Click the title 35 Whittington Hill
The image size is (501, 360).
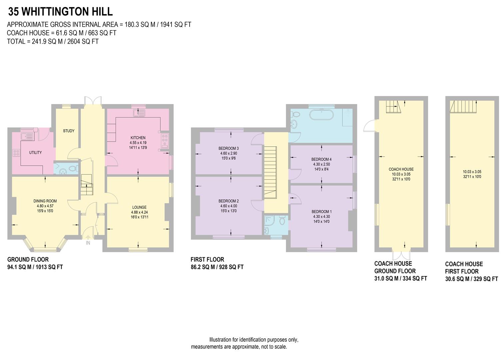pyautogui.click(x=60, y=12)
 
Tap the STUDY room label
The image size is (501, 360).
pyautogui.click(x=69, y=131)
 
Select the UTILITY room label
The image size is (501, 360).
pyautogui.click(x=35, y=153)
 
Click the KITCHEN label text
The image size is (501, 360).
pyautogui.click(x=138, y=138)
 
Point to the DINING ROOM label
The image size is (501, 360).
pyautogui.click(x=45, y=201)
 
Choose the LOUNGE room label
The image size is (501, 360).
pyautogui.click(x=139, y=207)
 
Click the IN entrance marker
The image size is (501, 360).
pyautogui.click(x=88, y=243)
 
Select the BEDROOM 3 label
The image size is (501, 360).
pyautogui.click(x=229, y=148)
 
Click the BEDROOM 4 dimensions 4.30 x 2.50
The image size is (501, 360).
pyautogui.click(x=321, y=164)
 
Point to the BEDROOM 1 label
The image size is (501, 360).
pyautogui.click(x=321, y=212)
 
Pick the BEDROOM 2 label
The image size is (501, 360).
pyautogui.click(x=229, y=201)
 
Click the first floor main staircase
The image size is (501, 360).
pyautogui.click(x=270, y=172)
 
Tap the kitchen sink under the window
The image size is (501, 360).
pyautogui.click(x=138, y=114)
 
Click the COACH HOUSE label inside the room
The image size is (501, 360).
pyautogui.click(x=401, y=169)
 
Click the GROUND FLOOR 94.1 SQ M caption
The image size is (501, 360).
pyautogui.click(x=35, y=263)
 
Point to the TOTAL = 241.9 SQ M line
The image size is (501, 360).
pyautogui.click(x=53, y=41)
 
